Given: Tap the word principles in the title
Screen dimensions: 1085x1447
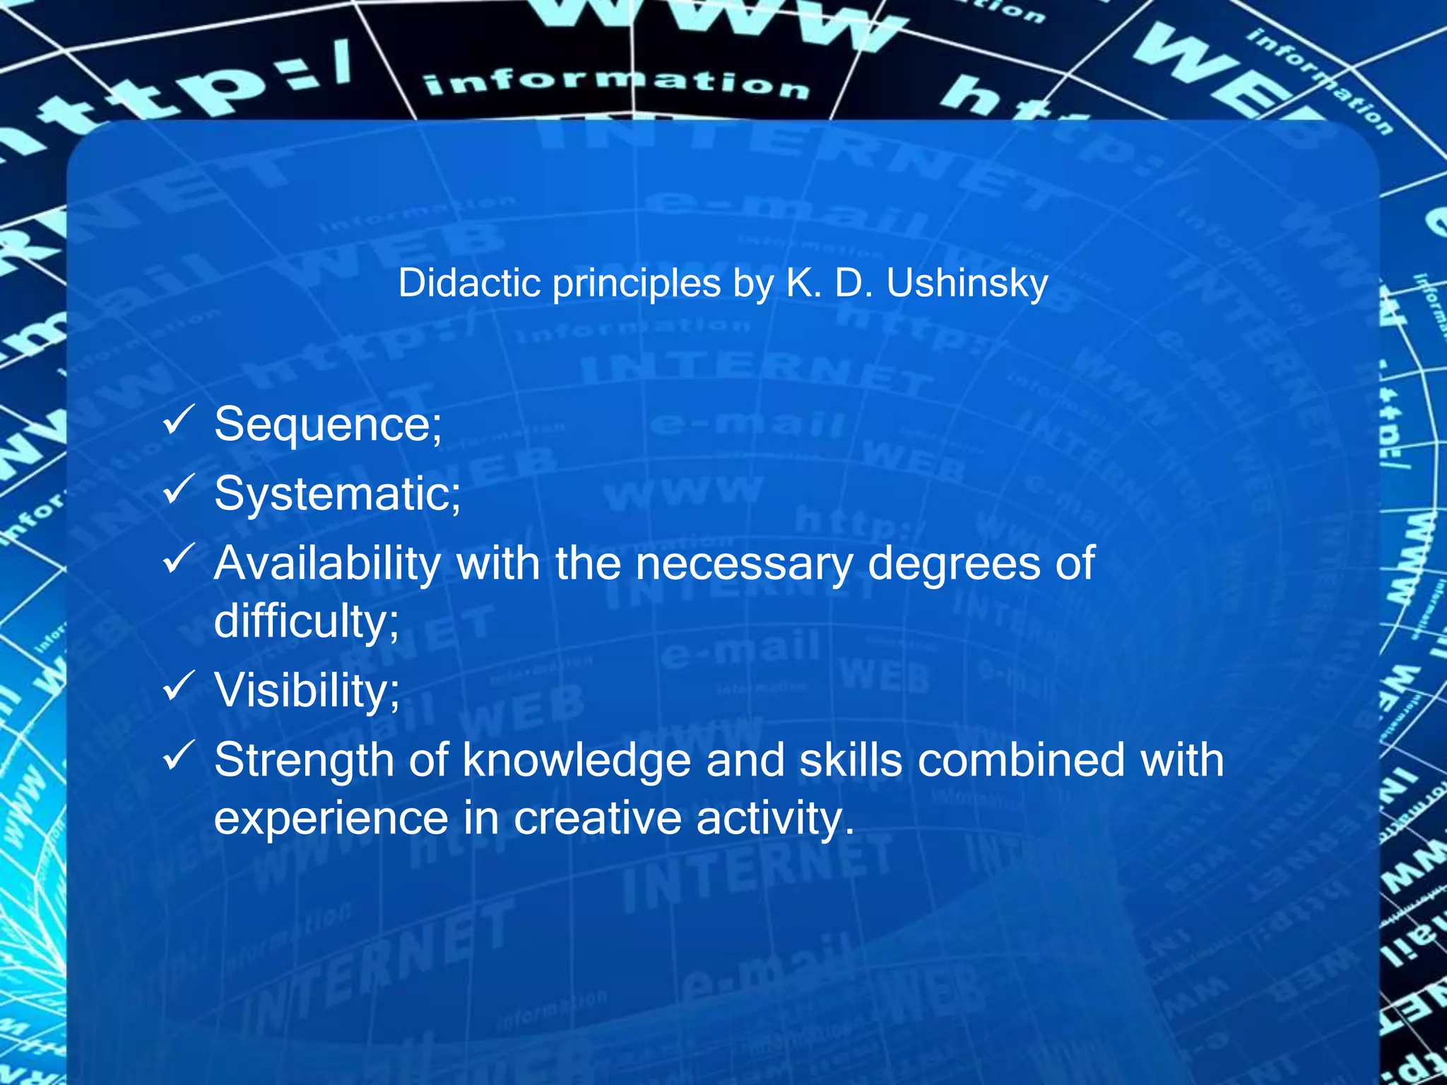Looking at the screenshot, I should (636, 285).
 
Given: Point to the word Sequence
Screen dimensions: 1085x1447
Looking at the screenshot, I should (328, 425).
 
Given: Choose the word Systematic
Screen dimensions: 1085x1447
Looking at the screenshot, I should (337, 494).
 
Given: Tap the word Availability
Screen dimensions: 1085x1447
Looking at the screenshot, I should (327, 564).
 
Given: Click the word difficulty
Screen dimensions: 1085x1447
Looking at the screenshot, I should (306, 622).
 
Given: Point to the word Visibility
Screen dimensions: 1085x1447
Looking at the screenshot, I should (307, 690).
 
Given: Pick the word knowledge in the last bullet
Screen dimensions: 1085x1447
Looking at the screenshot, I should (577, 760).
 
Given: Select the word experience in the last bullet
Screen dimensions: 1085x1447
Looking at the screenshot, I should (331, 818).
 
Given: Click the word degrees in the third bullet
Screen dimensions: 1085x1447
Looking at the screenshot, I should (953, 564).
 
